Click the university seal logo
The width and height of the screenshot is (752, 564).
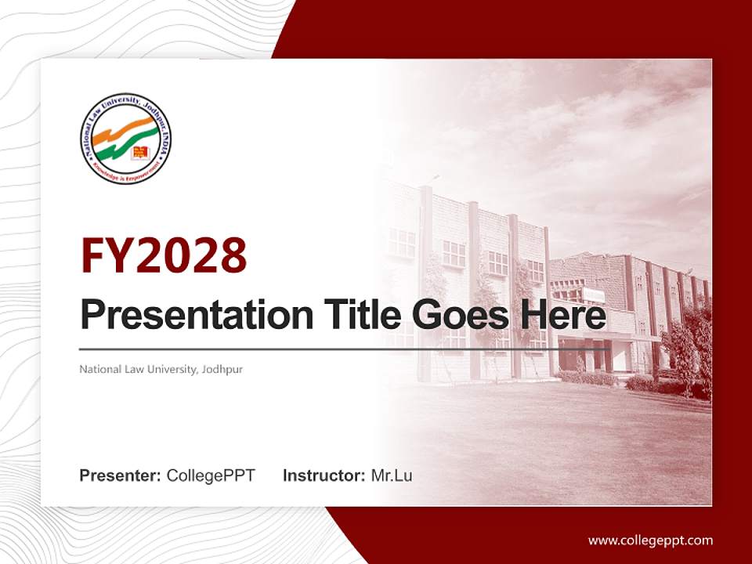(x=125, y=139)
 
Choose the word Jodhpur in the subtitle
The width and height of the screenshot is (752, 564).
(x=222, y=369)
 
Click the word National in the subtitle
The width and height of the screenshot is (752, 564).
(x=98, y=369)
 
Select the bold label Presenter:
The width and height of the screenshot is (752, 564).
(x=121, y=475)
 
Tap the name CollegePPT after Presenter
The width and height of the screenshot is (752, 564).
(x=211, y=475)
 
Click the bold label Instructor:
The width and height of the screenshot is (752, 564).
(x=324, y=475)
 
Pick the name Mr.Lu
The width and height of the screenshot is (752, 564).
(x=392, y=475)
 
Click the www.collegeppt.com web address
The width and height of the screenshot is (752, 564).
(x=650, y=540)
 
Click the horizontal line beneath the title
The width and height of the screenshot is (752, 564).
(x=345, y=349)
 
